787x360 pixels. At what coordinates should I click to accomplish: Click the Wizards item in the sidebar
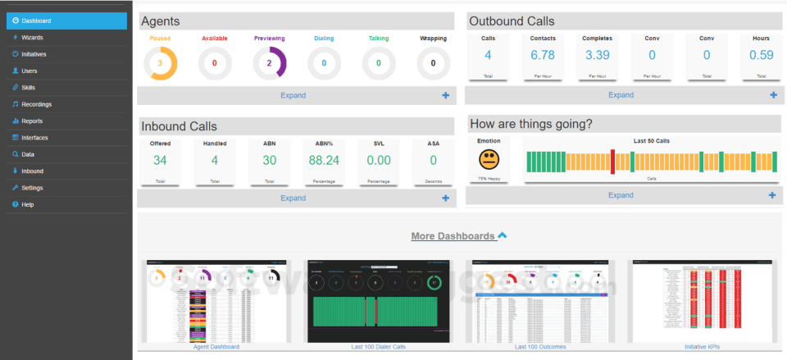[33, 38]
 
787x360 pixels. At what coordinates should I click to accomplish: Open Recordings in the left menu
[36, 104]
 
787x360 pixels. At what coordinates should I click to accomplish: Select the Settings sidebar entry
[32, 188]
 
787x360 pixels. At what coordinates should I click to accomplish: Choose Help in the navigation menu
[28, 204]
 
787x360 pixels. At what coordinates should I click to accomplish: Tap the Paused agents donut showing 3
[160, 63]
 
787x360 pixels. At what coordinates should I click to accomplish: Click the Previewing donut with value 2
[269, 63]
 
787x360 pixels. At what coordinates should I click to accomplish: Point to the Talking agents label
[378, 39]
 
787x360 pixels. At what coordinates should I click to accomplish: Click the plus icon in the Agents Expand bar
[446, 95]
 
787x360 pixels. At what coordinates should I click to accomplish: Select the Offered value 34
[160, 161]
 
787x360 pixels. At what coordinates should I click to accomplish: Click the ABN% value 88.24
[324, 161]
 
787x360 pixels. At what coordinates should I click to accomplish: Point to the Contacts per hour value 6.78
[543, 55]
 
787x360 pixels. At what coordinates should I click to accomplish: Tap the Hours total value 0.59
[761, 55]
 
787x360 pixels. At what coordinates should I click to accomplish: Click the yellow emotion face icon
[488, 159]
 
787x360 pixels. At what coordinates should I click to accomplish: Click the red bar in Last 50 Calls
[612, 162]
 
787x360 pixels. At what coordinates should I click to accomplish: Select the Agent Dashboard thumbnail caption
[216, 347]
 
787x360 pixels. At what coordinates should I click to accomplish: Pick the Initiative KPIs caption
[703, 347]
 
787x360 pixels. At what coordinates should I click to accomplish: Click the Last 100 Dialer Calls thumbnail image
[378, 301]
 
